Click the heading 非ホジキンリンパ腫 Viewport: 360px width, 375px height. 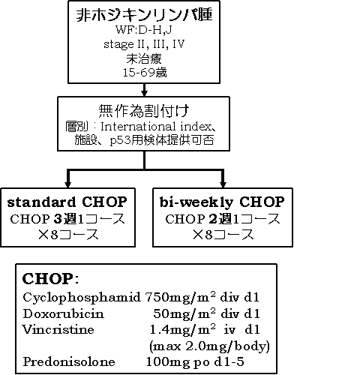pos(144,15)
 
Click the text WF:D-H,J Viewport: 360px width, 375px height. pos(144,30)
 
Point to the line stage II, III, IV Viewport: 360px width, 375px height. pos(144,44)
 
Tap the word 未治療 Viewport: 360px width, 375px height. pos(144,59)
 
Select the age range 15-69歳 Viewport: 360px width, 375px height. pos(145,73)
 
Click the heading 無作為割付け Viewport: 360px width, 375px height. pos(144,111)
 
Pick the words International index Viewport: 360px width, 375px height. pos(156,127)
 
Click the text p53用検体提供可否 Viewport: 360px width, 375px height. pos(162,140)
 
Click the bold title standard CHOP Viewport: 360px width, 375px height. pos(67,202)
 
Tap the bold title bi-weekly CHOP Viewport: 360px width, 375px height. pos(222,202)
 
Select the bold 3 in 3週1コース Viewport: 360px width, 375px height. pos(58,219)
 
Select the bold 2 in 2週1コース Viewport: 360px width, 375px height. pos(213,219)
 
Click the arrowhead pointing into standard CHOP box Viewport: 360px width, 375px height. pos(67,184)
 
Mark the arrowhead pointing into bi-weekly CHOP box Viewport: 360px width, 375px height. pos(223,184)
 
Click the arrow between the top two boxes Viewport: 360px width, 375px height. pos(144,90)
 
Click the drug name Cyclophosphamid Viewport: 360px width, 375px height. pos(82,298)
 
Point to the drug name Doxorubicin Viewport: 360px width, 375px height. pos(63,313)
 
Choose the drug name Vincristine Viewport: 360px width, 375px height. pos(58,329)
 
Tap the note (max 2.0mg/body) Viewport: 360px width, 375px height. pos(209,346)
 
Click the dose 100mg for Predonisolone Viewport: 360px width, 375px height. pos(168,362)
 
